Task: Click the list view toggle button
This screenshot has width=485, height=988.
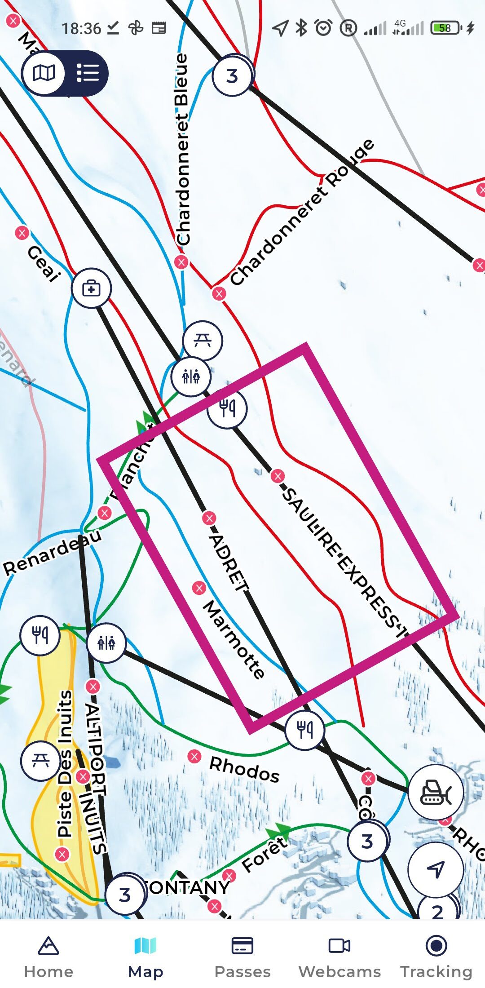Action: tap(88, 73)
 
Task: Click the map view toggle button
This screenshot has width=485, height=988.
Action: tap(44, 73)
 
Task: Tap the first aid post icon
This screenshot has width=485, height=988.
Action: tap(91, 288)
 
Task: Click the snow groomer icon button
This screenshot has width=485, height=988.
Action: tap(435, 793)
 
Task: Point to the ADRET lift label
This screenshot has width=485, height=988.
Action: tap(229, 563)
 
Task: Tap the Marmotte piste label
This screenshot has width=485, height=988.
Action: tap(234, 640)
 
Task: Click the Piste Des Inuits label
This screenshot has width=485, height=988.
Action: tap(65, 764)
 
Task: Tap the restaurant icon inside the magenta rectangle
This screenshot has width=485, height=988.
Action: tap(227, 408)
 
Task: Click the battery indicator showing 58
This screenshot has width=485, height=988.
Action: tap(445, 28)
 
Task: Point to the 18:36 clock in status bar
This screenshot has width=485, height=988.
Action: tap(81, 29)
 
